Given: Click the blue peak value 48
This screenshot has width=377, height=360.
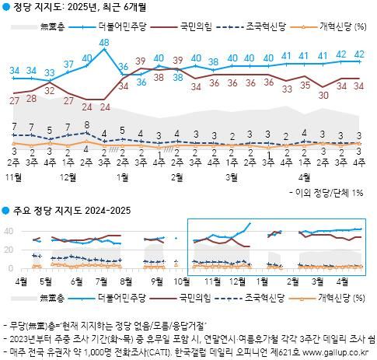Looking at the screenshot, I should (104, 53).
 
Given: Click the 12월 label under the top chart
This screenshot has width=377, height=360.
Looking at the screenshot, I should (77, 177).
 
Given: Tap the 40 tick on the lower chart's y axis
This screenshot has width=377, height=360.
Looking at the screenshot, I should (9, 232).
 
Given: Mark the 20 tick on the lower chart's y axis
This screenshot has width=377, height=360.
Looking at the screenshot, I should (9, 250).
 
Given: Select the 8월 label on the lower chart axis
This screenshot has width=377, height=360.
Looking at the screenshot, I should (127, 281).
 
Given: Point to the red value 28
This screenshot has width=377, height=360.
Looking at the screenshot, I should (31, 97).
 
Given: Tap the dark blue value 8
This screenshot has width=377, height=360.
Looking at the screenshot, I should (86, 124).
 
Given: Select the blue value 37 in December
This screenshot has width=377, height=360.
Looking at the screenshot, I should (68, 63).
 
